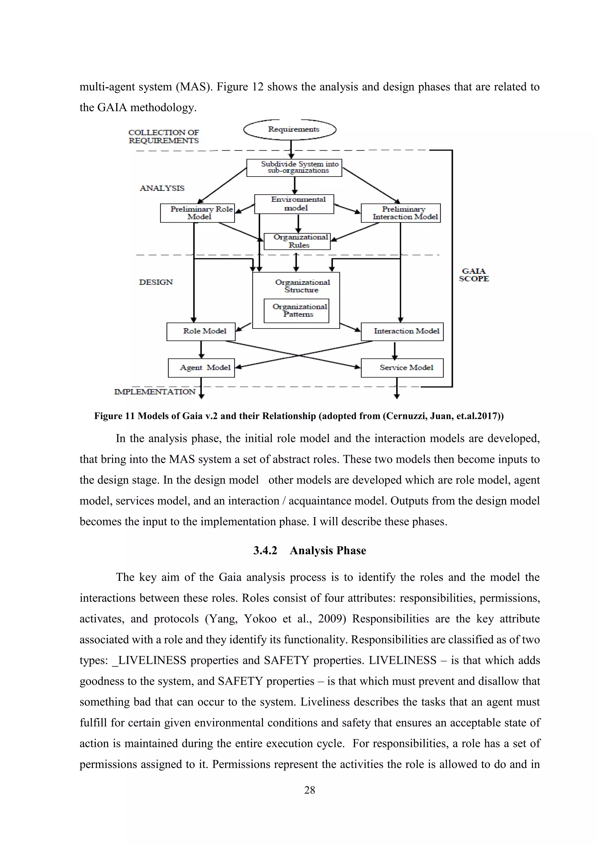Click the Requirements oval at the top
(290, 130)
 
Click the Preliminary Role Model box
(197, 213)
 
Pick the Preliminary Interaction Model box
(401, 213)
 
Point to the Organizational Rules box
(297, 241)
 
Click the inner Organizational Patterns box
(296, 311)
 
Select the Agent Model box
(201, 368)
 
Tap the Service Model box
(402, 368)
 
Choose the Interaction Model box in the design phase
(402, 331)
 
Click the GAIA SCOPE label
(474, 275)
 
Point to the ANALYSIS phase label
(162, 188)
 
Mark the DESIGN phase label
(156, 282)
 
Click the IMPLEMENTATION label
(155, 392)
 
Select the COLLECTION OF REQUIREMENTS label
(164, 137)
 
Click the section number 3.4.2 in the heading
(265, 551)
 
